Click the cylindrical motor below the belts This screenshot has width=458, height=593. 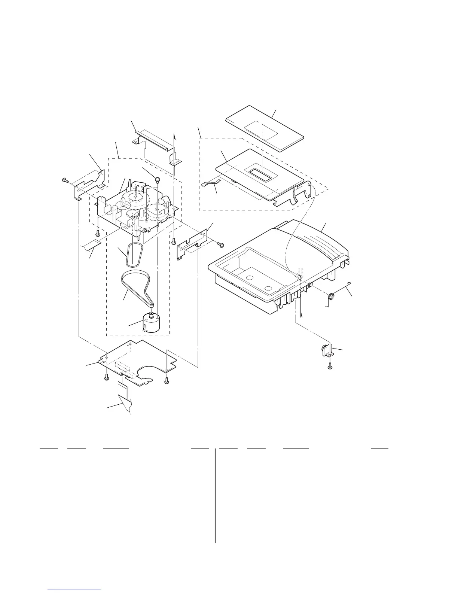(x=148, y=323)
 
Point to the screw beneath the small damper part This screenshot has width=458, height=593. (x=330, y=367)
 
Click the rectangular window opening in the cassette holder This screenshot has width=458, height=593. (x=260, y=174)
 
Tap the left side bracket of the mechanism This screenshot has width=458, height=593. (x=88, y=182)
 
